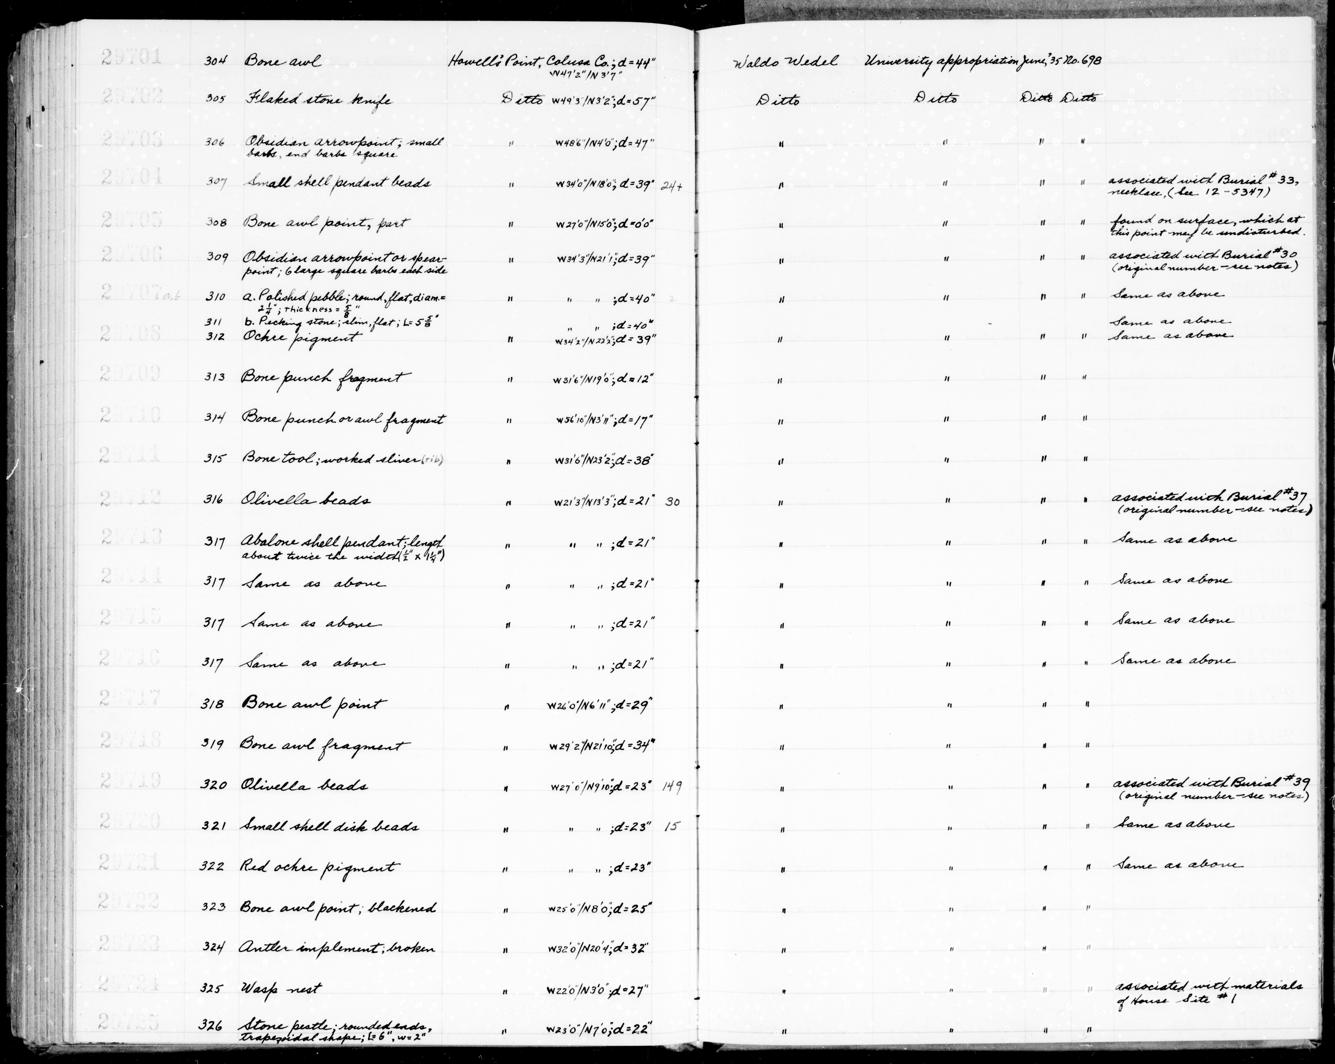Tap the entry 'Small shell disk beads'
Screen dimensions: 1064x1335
pyautogui.click(x=330, y=827)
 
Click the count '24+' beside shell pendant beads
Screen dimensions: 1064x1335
pyautogui.click(x=671, y=185)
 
